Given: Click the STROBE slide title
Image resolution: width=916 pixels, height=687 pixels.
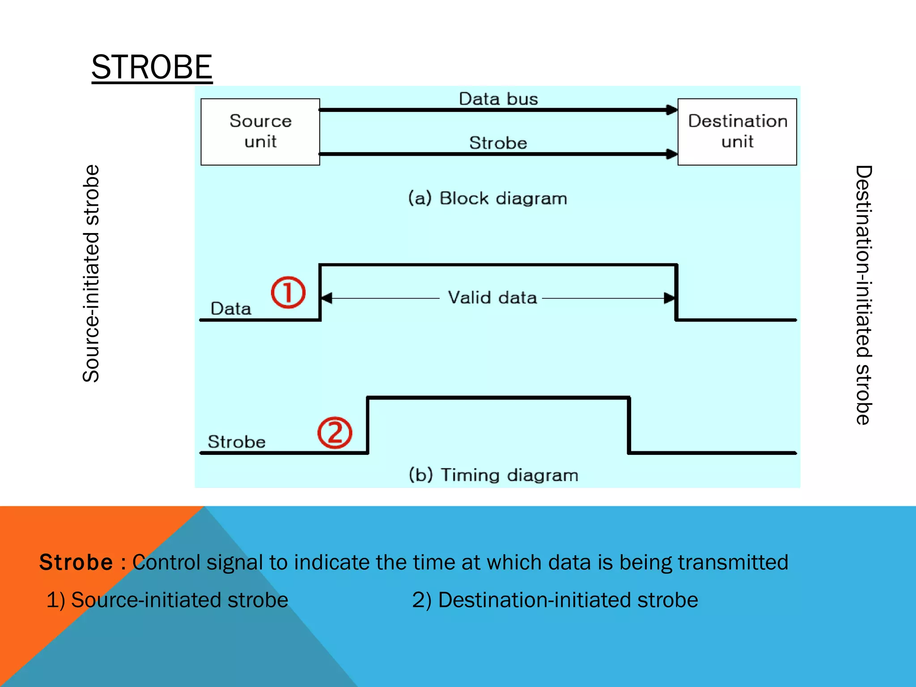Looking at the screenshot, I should (152, 67).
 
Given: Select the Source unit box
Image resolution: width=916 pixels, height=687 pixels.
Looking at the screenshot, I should (260, 131).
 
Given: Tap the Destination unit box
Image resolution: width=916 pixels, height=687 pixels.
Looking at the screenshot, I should (737, 131).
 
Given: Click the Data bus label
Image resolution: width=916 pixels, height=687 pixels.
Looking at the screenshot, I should (498, 99).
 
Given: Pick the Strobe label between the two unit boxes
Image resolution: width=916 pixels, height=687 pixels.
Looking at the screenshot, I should (498, 143).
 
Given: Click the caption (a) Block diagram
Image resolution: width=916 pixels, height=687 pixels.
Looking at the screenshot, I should (488, 198).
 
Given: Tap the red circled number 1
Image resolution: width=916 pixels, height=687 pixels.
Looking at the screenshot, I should (288, 293).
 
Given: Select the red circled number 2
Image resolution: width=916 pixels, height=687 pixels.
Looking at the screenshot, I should (335, 433).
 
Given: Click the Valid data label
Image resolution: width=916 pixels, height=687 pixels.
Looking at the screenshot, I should (492, 297).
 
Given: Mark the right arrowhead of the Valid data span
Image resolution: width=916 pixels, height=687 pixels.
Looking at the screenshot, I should (669, 298).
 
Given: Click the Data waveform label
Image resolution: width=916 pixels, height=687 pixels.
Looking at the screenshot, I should (231, 309).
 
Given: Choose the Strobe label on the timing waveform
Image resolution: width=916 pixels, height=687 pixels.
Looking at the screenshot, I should (237, 442).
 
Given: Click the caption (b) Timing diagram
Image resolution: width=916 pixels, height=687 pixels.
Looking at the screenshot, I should (493, 475).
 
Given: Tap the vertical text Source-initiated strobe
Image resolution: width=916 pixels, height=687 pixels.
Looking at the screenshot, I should (91, 273).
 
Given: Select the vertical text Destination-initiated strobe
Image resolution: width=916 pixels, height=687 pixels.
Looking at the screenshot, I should (863, 295).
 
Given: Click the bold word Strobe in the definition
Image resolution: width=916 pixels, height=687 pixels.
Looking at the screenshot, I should (76, 562).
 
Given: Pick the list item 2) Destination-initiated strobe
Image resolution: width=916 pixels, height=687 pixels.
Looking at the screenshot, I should (555, 600).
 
